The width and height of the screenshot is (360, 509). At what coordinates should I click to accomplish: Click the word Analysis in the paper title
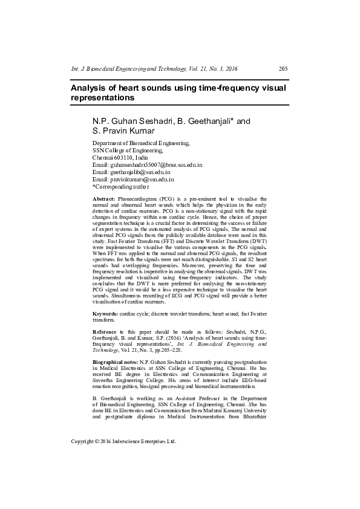click(x=90, y=88)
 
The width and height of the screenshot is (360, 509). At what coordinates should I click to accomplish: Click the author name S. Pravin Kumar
click(x=123, y=131)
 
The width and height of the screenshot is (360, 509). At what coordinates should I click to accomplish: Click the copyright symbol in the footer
click(x=99, y=441)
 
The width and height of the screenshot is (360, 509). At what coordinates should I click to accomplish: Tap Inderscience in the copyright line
click(x=133, y=441)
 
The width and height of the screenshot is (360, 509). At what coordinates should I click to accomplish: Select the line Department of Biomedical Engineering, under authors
click(x=141, y=143)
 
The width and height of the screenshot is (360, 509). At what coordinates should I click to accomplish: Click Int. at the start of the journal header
click(x=76, y=68)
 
